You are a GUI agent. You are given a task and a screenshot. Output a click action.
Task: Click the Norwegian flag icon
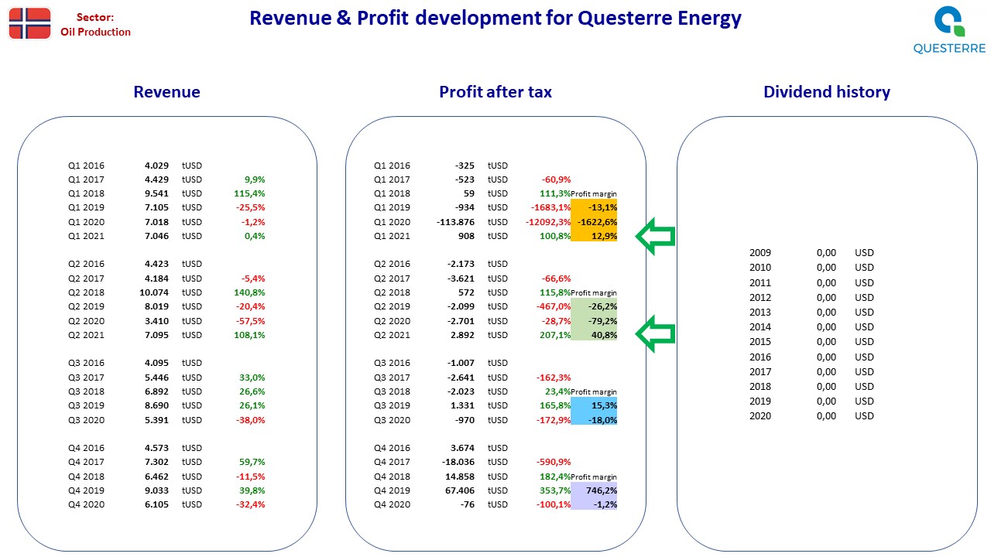coord(29,23)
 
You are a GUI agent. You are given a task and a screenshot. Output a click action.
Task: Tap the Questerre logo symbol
coord(949,21)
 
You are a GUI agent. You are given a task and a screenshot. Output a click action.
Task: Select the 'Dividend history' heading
coord(826,91)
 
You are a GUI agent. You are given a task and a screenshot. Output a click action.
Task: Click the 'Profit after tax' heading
coord(495,91)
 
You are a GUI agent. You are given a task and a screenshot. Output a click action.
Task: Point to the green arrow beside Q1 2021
coord(655,236)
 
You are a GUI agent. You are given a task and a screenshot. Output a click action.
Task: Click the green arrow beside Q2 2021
coord(655,333)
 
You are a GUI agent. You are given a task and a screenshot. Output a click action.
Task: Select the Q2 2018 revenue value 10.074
coord(154,292)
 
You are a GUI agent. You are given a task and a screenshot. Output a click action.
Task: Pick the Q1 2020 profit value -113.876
coord(455,222)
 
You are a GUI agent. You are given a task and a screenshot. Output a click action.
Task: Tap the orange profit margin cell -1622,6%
coord(594,222)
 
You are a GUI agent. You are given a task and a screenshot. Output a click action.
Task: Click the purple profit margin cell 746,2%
coord(594,490)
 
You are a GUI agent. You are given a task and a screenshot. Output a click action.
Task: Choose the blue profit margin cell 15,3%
coord(594,405)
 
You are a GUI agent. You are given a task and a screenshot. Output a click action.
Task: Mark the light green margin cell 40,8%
coord(594,335)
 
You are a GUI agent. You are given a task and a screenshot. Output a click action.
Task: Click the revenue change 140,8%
coord(249,292)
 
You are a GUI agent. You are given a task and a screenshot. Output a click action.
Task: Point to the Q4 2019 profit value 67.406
coord(459,490)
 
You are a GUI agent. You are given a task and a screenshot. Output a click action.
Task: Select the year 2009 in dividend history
coord(760,252)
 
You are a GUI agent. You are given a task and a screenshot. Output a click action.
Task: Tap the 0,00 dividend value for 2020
coord(826,416)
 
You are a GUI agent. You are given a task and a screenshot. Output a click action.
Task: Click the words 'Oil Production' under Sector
coord(95,32)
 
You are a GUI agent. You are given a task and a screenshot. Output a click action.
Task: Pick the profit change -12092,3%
coord(548,222)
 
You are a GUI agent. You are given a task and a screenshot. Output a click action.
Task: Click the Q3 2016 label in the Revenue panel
coord(86,363)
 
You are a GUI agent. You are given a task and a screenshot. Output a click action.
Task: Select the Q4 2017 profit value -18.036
coord(458,462)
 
